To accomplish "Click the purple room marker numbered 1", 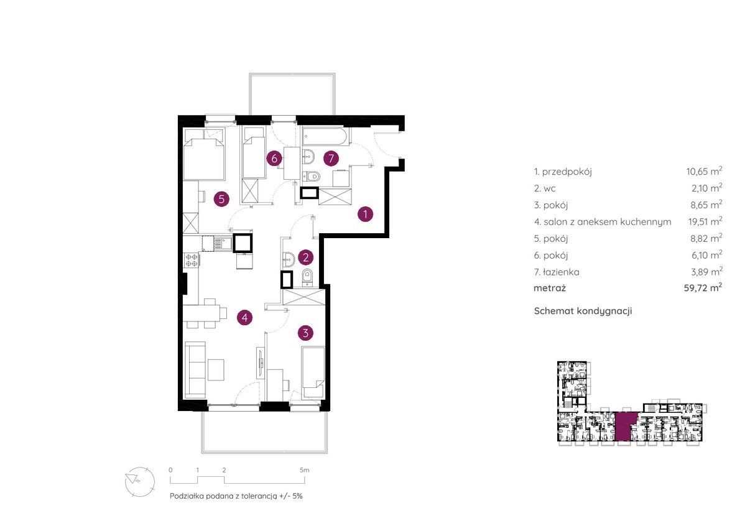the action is point(366,215).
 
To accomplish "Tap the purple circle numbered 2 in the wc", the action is point(305,257).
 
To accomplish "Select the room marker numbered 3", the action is point(305,333).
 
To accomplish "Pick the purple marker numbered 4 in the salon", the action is point(244,318).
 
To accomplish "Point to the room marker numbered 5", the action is point(221,199).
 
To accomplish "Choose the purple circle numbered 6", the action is point(274,158).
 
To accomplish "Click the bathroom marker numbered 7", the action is point(331,158).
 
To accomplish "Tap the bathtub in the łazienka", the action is point(326,136).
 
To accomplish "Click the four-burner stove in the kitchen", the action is point(192,260).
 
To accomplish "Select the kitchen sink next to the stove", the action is point(216,244).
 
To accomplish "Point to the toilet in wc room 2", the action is point(307,276).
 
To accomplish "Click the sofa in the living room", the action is point(195,370).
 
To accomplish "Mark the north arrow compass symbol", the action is point(140,482).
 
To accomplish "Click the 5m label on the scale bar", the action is point(305,470).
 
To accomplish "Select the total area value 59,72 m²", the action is point(703,287).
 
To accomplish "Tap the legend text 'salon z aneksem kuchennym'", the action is point(607,222).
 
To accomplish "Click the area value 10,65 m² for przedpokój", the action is point(704,171).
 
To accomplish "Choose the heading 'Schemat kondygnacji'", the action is point(583,311).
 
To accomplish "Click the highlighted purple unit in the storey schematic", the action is point(626,427).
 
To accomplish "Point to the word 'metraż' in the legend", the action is point(550,288).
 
